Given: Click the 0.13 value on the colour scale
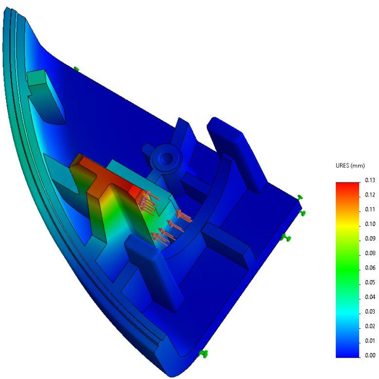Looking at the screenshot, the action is (370, 180).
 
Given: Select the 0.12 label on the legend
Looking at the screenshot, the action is (370, 195).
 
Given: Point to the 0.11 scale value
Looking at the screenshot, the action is (370, 209).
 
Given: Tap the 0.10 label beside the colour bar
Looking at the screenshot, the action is (370, 224).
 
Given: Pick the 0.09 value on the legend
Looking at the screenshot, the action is (370, 239).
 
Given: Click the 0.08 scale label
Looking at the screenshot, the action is (370, 253).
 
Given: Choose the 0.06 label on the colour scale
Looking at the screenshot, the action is (370, 268).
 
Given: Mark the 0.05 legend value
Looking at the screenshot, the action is (370, 282).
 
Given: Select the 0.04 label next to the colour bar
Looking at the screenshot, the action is (370, 297).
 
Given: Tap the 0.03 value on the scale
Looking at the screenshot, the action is (370, 312).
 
